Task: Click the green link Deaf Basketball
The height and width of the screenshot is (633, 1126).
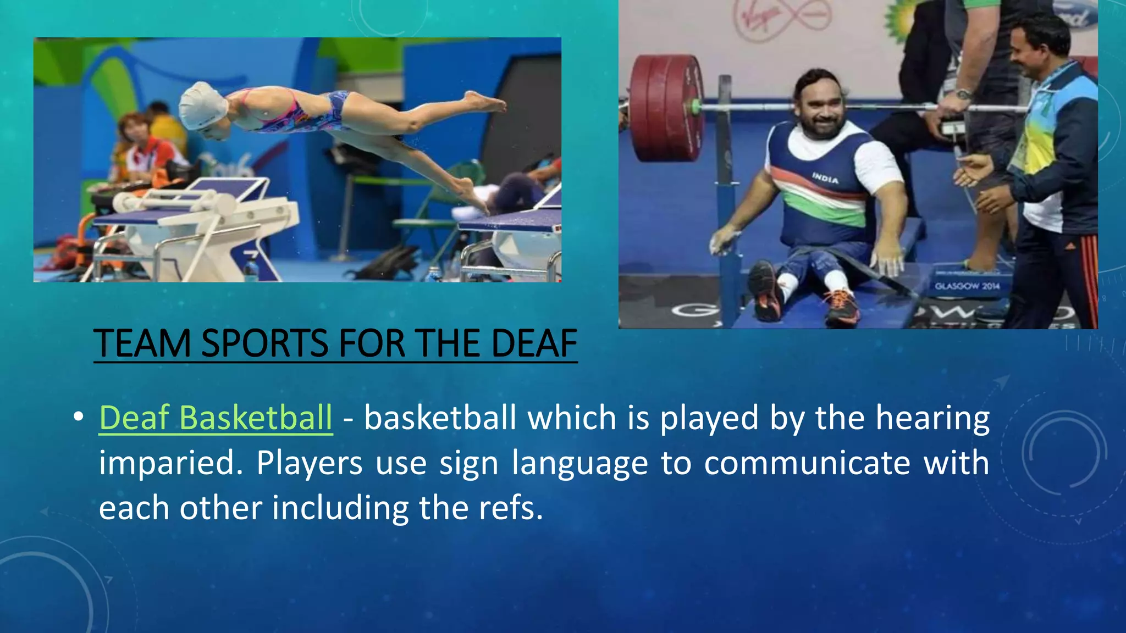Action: click(x=216, y=418)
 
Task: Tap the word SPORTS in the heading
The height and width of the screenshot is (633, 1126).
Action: click(x=264, y=344)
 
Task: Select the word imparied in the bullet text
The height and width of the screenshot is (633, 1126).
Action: click(x=171, y=463)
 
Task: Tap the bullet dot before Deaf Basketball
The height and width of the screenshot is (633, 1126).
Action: click(x=78, y=417)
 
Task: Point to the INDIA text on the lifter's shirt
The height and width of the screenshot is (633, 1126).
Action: click(x=825, y=178)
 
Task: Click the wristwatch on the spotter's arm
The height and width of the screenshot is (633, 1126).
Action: click(x=963, y=94)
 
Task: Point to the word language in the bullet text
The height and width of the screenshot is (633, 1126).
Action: click(x=579, y=463)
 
